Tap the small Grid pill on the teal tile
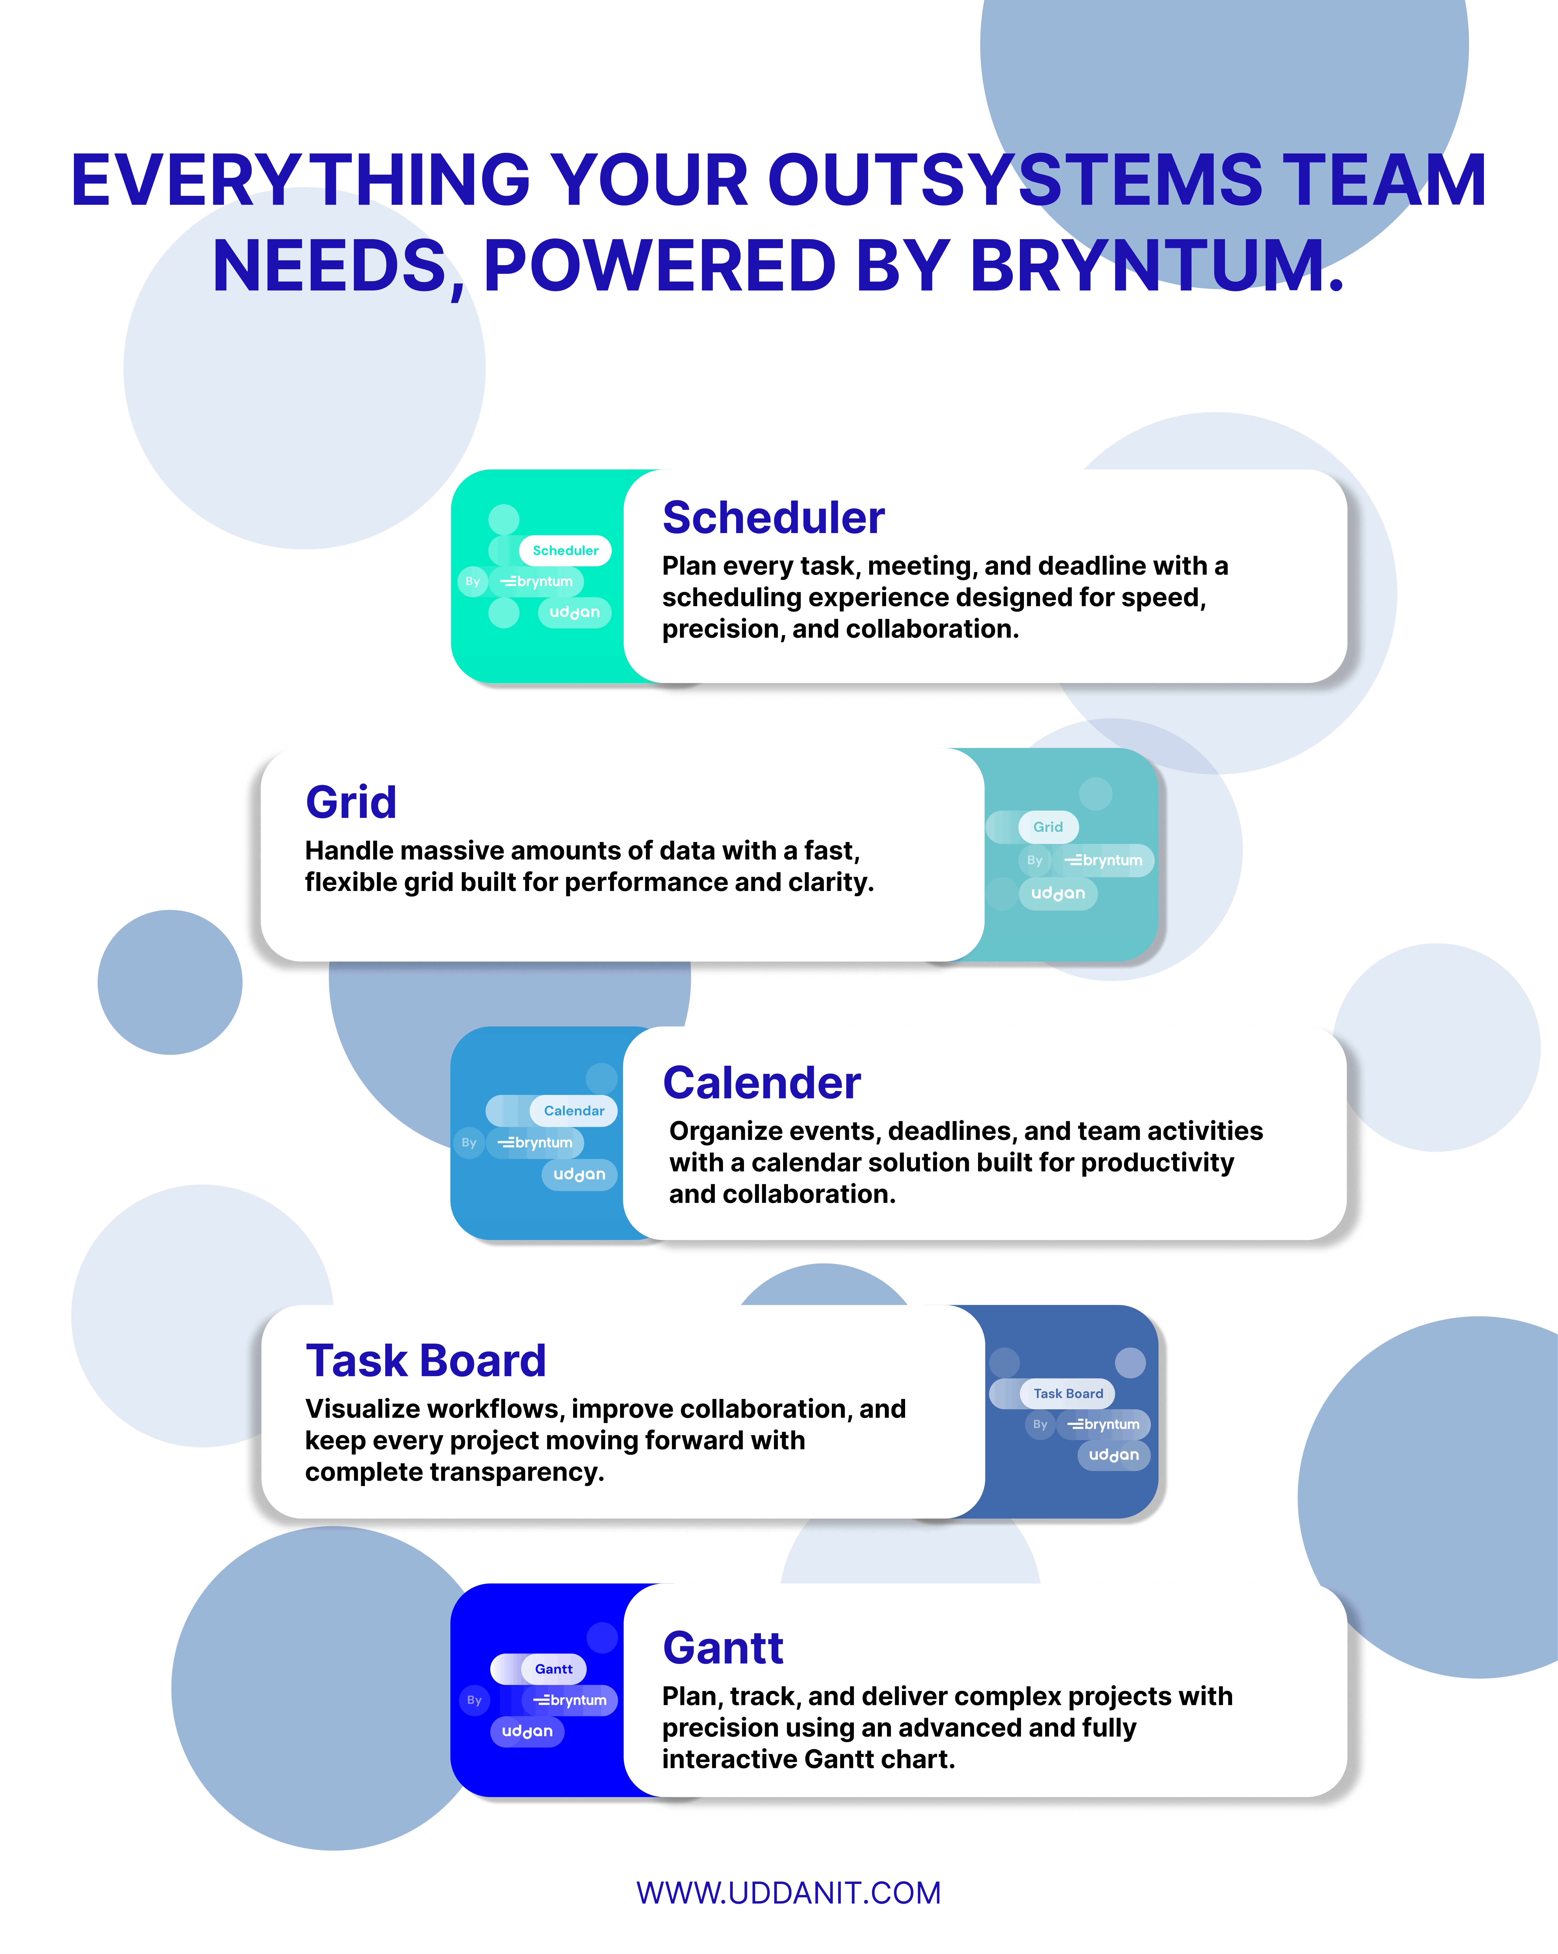coord(1048,827)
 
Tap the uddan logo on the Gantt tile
coord(527,1731)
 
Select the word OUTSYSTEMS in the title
coord(1015,179)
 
